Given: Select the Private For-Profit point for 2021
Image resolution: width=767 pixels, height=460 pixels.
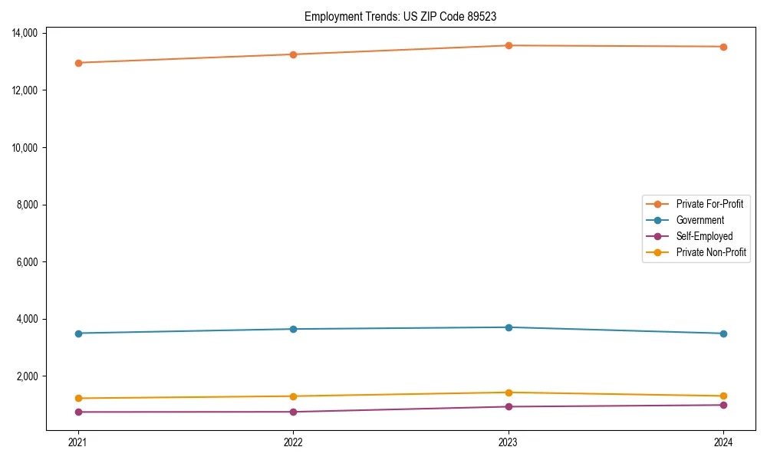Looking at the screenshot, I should tap(77, 63).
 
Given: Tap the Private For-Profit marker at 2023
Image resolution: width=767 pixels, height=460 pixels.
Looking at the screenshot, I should tap(508, 45).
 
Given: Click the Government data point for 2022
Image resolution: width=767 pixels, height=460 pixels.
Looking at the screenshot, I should tap(293, 329).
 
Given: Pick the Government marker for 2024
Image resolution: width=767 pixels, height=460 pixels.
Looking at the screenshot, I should tap(723, 333).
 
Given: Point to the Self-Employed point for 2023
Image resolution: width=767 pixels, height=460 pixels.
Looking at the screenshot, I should tap(508, 406).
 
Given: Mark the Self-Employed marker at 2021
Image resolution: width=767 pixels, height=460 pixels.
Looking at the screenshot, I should tap(77, 412).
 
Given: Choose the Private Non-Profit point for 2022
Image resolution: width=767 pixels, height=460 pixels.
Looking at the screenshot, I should tap(293, 396).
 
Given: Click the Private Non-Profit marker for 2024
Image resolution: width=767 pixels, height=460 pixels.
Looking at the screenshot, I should tap(723, 396).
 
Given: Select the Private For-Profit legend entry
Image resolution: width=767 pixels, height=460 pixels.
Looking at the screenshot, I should tap(709, 204).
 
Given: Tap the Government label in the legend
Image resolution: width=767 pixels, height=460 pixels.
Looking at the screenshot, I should tap(700, 220).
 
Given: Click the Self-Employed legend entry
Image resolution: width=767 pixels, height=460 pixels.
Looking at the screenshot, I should tap(704, 236).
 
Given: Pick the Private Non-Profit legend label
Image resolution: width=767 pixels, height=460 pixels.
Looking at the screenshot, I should tap(711, 252).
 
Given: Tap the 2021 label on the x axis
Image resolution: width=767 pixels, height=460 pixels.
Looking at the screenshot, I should tap(77, 442).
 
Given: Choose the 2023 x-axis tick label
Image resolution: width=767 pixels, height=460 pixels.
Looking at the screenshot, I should tap(508, 442).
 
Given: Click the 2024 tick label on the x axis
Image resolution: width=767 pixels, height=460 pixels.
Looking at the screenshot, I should tap(723, 442).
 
